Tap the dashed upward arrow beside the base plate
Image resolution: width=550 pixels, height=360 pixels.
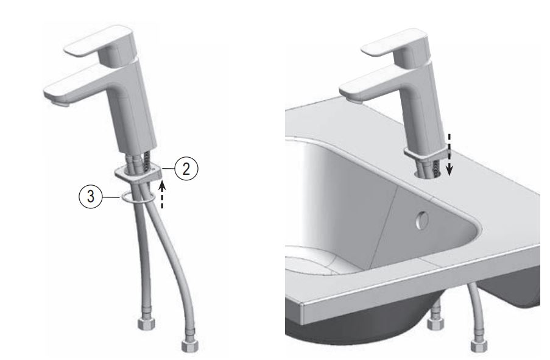(163, 196)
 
